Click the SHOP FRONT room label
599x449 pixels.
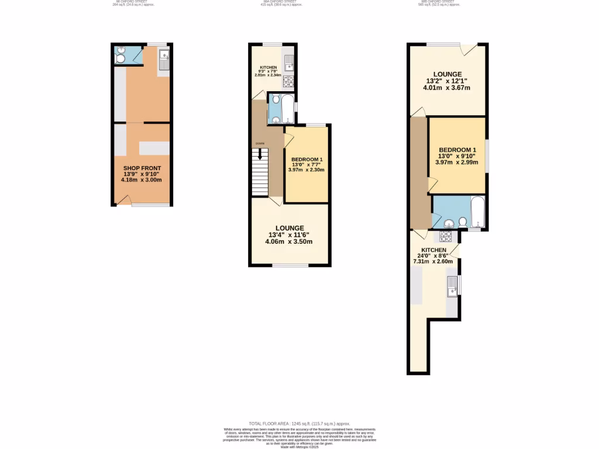click(141, 168)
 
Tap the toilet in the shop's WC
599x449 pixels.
click(120, 58)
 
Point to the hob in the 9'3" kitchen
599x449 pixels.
click(288, 82)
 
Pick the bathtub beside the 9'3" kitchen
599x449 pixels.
click(287, 109)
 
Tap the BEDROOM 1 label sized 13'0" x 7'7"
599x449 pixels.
click(307, 160)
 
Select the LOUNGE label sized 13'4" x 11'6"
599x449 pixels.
click(290, 228)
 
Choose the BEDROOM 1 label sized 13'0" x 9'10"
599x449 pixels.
click(457, 149)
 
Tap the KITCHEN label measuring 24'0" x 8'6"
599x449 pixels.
click(433, 250)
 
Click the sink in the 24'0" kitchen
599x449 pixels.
click(452, 288)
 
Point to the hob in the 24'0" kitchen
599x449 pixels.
click(446, 236)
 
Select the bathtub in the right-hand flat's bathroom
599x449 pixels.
click(477, 212)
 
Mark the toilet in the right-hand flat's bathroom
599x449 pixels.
click(463, 222)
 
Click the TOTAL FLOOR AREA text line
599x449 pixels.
click(299, 423)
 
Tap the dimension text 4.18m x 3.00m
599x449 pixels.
click(141, 180)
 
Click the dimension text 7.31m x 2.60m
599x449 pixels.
click(433, 262)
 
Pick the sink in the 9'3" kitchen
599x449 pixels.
click(288, 62)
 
